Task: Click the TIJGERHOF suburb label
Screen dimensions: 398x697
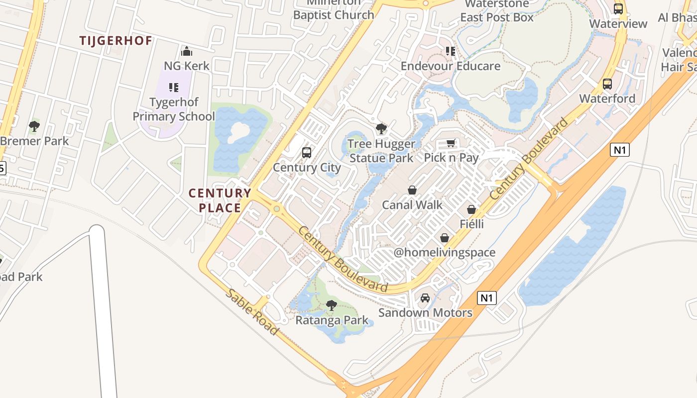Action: [116, 41]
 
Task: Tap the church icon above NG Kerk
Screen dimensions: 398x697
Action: [187, 51]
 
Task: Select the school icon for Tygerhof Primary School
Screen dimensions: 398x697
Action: [173, 88]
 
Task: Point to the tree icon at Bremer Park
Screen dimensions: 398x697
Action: [34, 126]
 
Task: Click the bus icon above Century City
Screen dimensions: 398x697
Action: [307, 153]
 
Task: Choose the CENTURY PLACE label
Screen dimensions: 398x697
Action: [220, 200]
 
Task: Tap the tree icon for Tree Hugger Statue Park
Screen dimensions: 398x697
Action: [381, 129]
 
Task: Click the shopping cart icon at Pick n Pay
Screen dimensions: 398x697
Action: [451, 143]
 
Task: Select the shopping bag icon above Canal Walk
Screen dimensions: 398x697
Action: [412, 190]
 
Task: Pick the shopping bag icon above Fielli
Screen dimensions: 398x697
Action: [471, 209]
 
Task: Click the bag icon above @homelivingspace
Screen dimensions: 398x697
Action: [445, 238]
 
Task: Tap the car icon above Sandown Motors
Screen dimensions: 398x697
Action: [425, 298]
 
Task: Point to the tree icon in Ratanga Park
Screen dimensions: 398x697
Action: [332, 305]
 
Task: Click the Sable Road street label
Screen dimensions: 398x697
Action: [252, 312]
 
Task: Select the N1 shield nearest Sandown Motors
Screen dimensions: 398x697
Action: [487, 298]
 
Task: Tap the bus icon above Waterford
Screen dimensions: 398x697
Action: [607, 84]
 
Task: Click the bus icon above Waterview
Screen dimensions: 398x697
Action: [618, 8]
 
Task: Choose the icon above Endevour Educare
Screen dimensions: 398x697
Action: [451, 51]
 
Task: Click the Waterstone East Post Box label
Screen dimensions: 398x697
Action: [497, 11]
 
